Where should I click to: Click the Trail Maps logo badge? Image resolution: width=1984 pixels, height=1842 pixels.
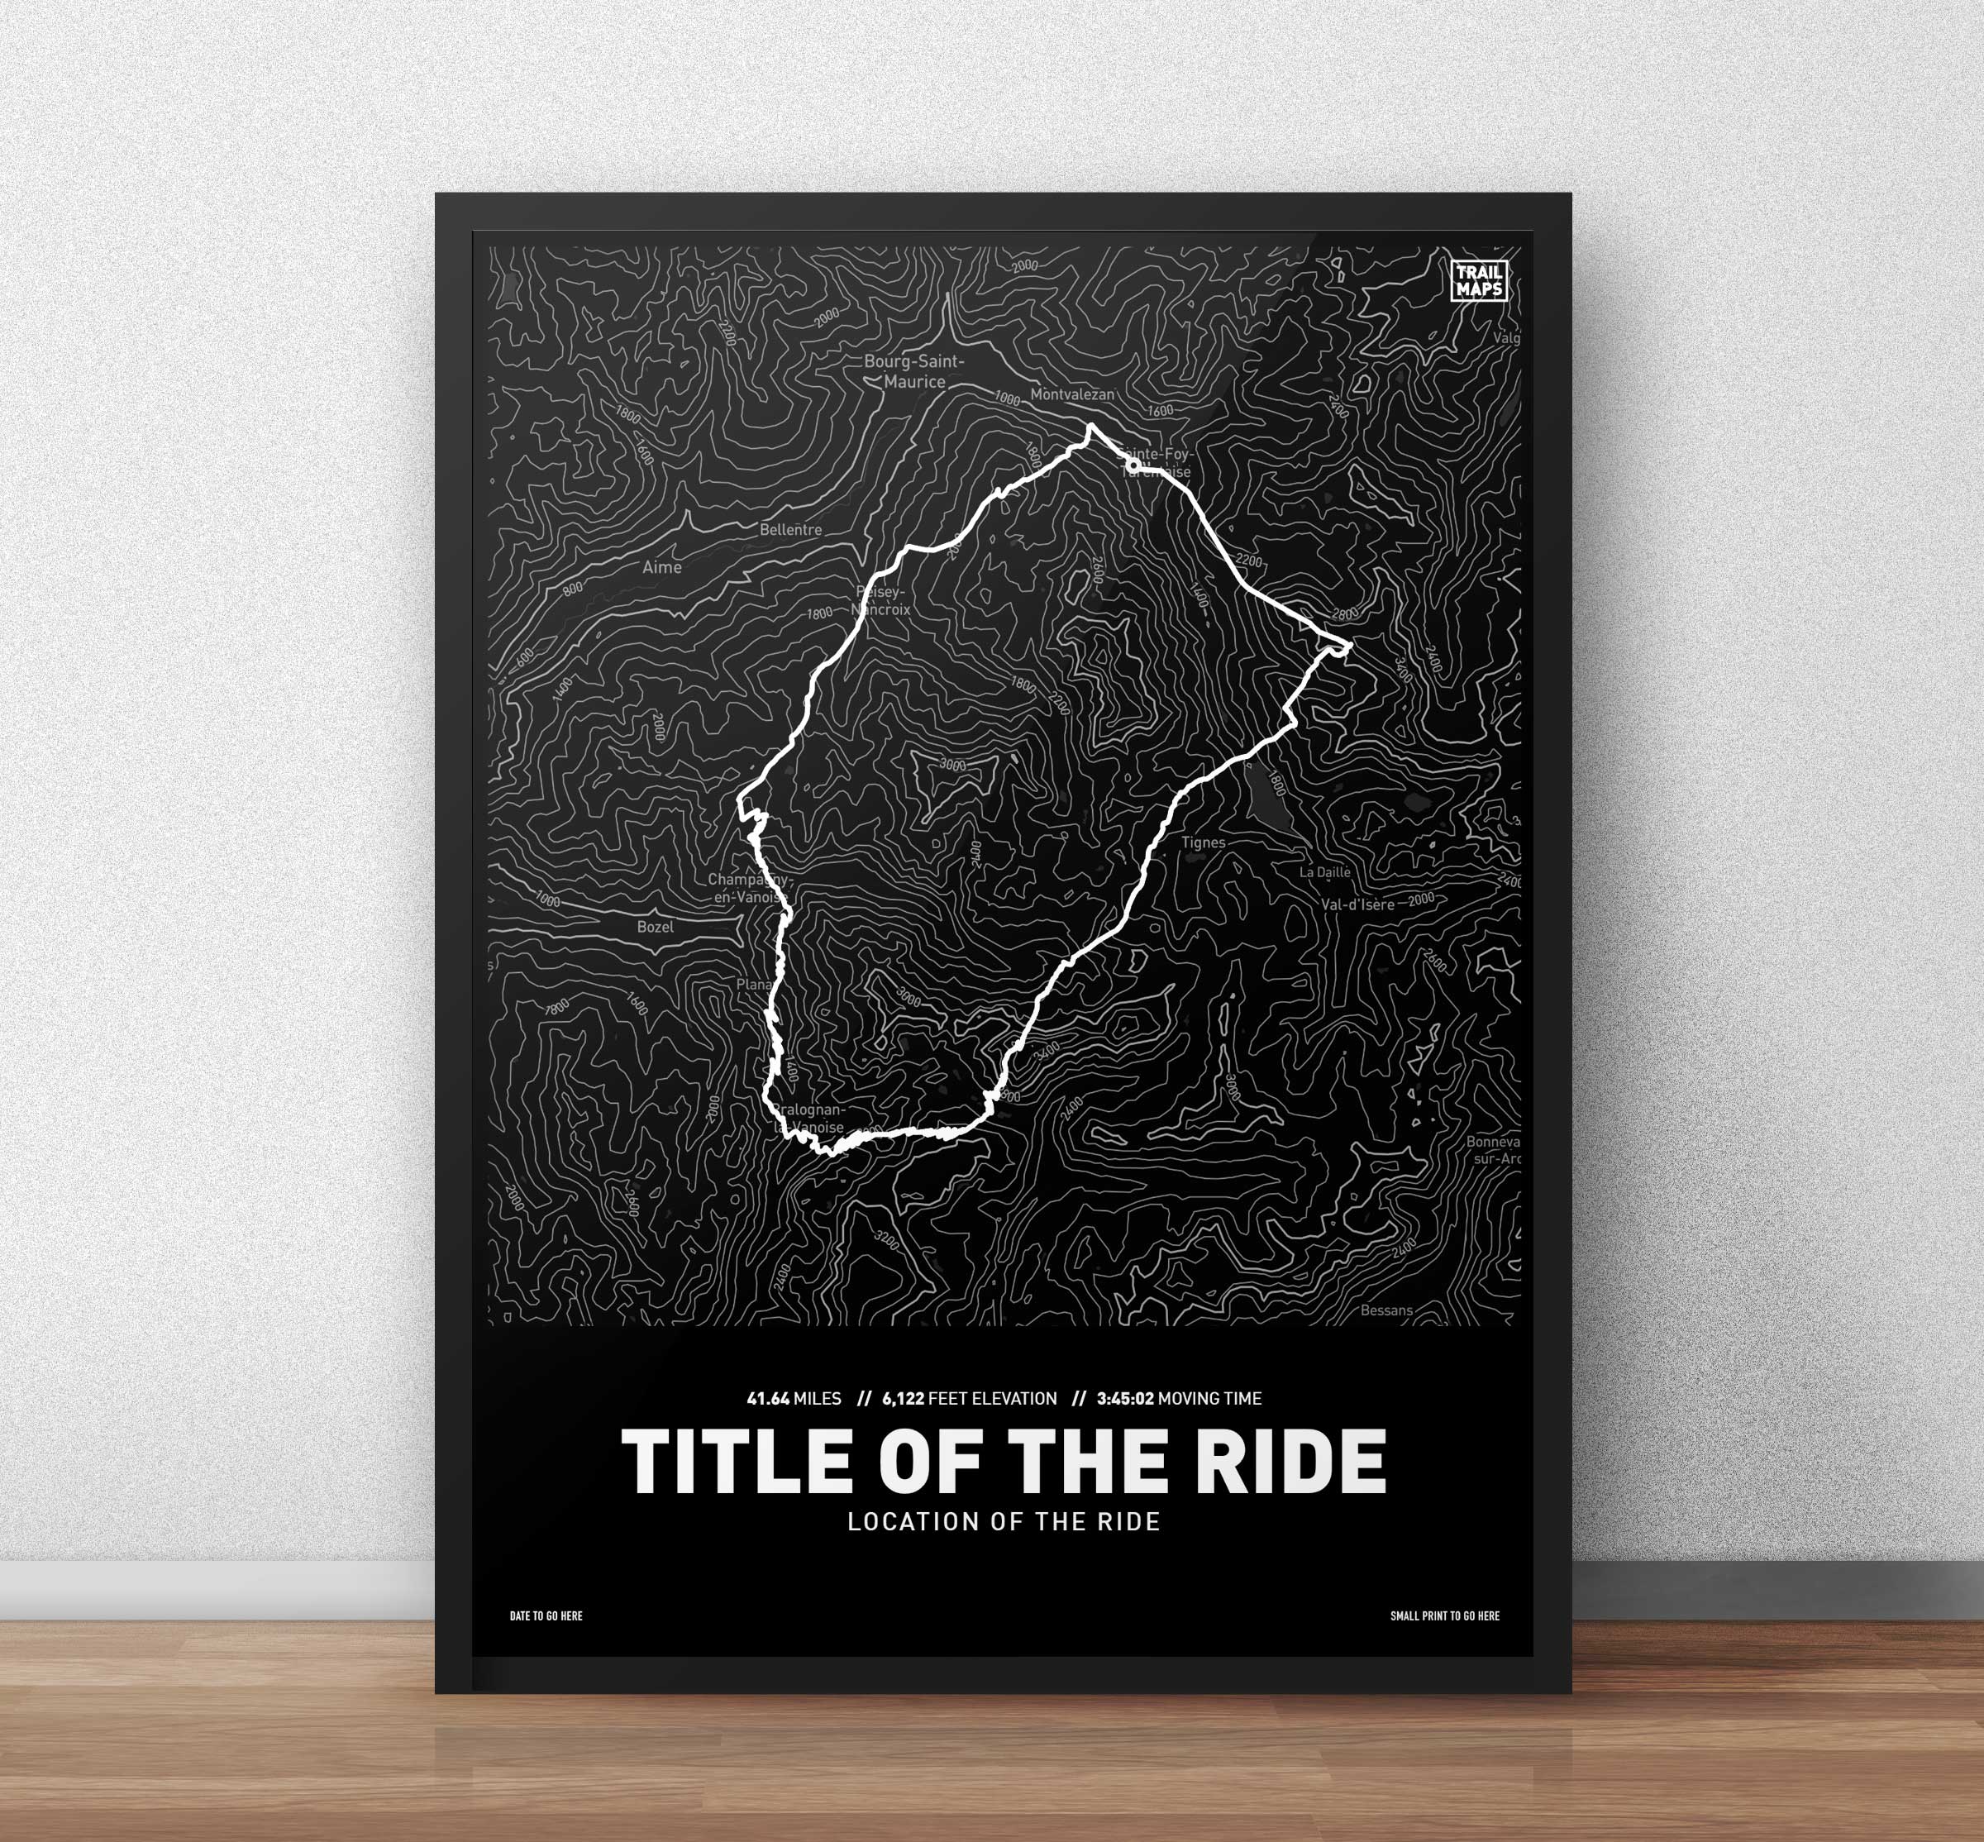coord(1479,280)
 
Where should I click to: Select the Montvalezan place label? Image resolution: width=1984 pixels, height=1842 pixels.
coord(1072,394)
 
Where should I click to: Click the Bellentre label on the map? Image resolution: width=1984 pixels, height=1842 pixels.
coord(790,530)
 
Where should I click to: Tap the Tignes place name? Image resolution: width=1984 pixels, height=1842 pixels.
coord(1203,842)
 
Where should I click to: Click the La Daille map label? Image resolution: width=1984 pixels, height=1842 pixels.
coord(1325,872)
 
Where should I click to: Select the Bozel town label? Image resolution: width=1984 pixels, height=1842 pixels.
coord(655,927)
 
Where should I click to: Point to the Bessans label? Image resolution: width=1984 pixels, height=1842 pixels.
coord(1387,1310)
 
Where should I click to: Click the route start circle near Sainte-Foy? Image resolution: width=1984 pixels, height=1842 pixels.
coord(1133,465)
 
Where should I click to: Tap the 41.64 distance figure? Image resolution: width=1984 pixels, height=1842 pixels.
coord(768,1398)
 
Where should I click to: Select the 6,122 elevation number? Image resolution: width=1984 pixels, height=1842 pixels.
coord(903,1398)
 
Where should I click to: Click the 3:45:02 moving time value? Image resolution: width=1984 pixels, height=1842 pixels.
coord(1125,1398)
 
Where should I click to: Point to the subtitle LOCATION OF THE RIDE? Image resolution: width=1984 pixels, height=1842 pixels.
coord(1004,1522)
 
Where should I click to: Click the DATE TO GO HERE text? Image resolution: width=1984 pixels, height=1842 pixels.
coord(546,1615)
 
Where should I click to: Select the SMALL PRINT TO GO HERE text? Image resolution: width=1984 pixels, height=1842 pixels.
coord(1444,1615)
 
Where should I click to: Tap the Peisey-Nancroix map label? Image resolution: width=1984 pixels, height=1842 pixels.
coord(882,601)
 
